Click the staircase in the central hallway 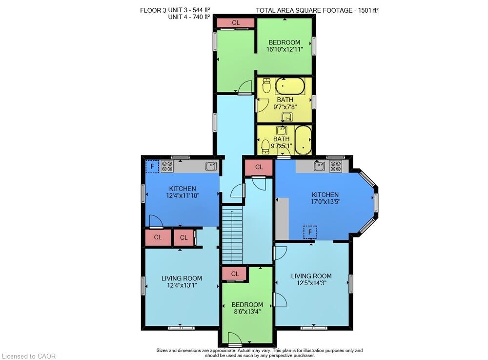click(x=232, y=236)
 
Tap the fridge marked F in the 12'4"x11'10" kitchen click(x=152, y=166)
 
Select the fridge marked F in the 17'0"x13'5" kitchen click(x=310, y=232)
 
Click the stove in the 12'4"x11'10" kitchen click(x=167, y=166)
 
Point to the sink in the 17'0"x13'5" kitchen click(x=319, y=166)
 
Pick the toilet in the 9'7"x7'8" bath click(x=267, y=85)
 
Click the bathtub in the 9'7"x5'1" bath click(x=303, y=140)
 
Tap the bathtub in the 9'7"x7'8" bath click(x=290, y=86)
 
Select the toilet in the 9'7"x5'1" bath click(x=265, y=147)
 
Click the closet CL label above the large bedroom click(x=236, y=23)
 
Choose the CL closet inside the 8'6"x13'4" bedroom click(x=235, y=274)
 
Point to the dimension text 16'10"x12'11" click(x=285, y=49)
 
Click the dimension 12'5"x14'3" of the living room click(x=311, y=283)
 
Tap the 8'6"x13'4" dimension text click(x=247, y=312)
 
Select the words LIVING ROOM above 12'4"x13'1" click(x=182, y=278)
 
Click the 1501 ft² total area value click(x=368, y=10)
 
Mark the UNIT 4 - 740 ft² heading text click(x=189, y=17)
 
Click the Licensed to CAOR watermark click(x=29, y=356)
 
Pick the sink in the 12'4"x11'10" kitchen click(x=211, y=166)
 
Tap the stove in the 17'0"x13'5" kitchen click(x=336, y=166)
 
